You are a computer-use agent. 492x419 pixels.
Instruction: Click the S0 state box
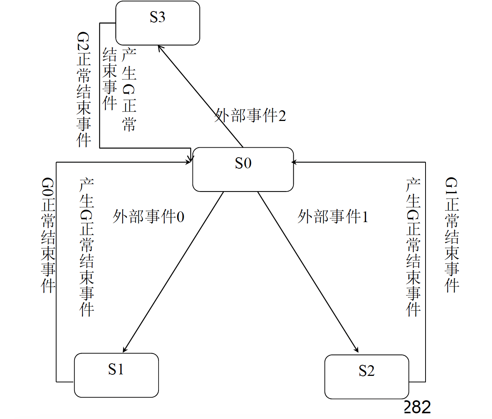243,169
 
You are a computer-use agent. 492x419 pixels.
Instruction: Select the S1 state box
116,375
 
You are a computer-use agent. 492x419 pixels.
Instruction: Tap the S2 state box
366,377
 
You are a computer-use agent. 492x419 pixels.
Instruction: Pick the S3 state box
157,23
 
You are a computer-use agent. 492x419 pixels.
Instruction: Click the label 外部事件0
148,217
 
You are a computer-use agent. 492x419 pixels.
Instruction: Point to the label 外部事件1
333,217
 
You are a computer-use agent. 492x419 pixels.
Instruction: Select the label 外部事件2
250,116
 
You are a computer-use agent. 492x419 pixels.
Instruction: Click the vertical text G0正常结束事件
49,235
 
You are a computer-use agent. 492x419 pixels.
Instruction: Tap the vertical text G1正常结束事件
452,235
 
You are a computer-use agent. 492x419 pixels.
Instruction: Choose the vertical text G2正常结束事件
84,90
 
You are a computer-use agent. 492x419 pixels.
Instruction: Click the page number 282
417,408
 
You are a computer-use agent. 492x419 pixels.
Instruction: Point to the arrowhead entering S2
356,350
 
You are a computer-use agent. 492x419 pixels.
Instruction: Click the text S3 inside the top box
157,17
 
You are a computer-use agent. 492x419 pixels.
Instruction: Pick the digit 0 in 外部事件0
180,217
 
